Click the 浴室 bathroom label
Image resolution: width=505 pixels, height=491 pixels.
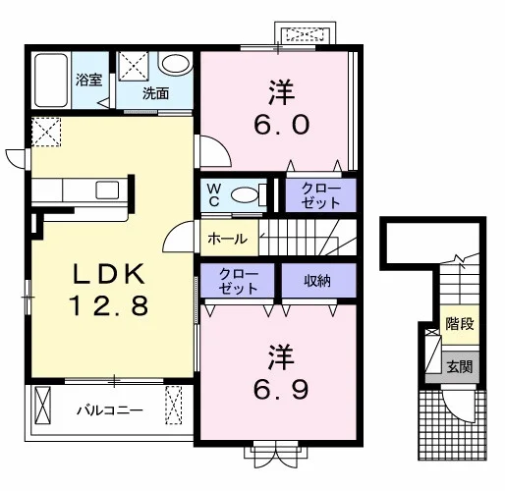(x=88, y=80)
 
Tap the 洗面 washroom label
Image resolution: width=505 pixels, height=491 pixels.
(x=155, y=94)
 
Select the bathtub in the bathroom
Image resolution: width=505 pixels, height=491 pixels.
(x=51, y=81)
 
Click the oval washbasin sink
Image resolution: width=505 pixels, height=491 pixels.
(x=176, y=64)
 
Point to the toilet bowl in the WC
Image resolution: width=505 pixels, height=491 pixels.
(x=245, y=195)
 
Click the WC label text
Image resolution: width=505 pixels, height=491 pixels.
(x=214, y=195)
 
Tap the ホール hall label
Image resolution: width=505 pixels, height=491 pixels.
(x=228, y=239)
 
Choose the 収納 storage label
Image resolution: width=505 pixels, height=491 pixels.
(x=317, y=281)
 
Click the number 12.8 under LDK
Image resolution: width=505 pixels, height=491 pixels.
(x=109, y=305)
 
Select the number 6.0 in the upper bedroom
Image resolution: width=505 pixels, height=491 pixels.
(x=282, y=125)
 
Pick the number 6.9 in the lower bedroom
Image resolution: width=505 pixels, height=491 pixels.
(x=281, y=389)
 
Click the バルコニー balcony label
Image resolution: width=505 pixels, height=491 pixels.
(x=110, y=409)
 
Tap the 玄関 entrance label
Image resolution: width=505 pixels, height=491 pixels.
(x=460, y=366)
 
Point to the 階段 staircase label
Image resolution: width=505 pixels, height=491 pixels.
(x=460, y=324)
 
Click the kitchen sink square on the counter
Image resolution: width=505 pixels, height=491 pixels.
(x=107, y=191)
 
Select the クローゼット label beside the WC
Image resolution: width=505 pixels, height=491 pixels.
(x=320, y=195)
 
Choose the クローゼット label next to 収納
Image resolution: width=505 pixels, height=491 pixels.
(x=239, y=281)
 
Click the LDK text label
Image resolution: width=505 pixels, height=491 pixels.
(x=109, y=274)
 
